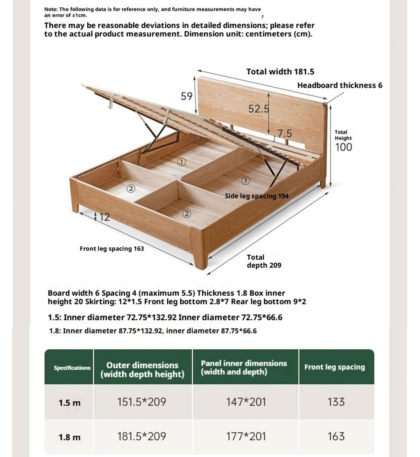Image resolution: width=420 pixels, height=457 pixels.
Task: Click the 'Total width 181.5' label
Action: [x=280, y=72]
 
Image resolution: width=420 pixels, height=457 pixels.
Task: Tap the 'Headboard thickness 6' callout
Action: [x=339, y=85]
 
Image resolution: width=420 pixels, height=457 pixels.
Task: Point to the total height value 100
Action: [x=343, y=147]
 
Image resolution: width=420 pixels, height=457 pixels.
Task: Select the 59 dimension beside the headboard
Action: [x=187, y=96]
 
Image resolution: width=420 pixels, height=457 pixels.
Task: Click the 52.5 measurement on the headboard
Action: [x=258, y=109]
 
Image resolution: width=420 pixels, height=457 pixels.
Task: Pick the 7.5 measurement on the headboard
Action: [x=284, y=133]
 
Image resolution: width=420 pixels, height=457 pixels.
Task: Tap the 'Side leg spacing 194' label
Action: [x=257, y=196]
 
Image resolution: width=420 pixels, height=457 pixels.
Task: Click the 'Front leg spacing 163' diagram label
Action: [x=112, y=249]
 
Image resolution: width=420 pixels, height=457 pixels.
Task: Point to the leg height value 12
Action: [x=104, y=217]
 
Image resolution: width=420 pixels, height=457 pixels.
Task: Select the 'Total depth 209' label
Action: [x=264, y=261]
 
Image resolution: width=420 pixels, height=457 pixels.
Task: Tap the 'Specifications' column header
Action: [x=72, y=368]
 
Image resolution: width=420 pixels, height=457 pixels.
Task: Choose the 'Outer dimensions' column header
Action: [x=142, y=369]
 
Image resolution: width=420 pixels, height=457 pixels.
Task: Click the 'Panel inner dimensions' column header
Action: [x=244, y=368]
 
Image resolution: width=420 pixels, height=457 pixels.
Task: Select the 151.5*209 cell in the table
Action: [x=142, y=402]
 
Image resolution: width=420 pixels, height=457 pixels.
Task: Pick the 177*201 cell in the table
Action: [x=246, y=436]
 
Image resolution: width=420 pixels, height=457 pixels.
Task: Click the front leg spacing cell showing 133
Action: [x=336, y=402]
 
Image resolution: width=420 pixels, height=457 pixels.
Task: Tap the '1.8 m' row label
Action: [x=70, y=437]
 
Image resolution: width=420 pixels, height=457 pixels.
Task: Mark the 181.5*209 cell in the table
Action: [x=142, y=436]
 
